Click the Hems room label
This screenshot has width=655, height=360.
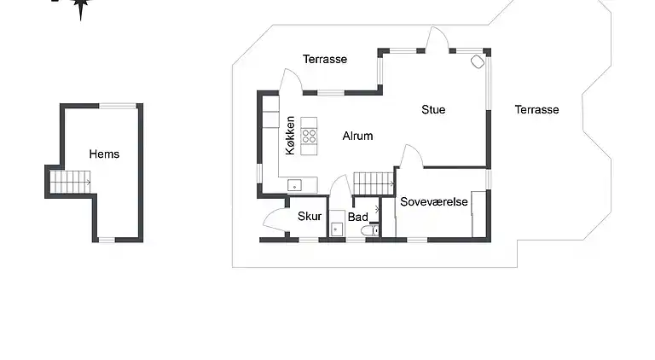pyautogui.click(x=104, y=154)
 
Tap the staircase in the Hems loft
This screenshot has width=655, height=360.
pyautogui.click(x=70, y=182)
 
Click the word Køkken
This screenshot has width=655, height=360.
pyautogui.click(x=290, y=136)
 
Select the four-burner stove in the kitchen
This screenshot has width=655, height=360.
pyautogui.click(x=309, y=136)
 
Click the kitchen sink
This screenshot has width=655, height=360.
pyautogui.click(x=294, y=185)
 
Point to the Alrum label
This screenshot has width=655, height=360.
pyautogui.click(x=357, y=136)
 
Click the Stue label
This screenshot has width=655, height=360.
pyautogui.click(x=433, y=109)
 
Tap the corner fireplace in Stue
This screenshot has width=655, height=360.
pyautogui.click(x=478, y=61)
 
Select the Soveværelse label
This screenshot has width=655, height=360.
pyautogui.click(x=434, y=201)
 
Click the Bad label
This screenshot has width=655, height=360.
pyautogui.click(x=358, y=217)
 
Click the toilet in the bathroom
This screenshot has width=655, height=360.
pyautogui.click(x=369, y=230)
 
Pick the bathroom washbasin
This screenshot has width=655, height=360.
pyautogui.click(x=337, y=229)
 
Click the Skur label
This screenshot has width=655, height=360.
pyautogui.click(x=310, y=217)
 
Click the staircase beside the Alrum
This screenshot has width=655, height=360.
pyautogui.click(x=374, y=183)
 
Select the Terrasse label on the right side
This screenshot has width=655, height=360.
pyautogui.click(x=536, y=109)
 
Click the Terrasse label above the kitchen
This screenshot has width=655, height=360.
pyautogui.click(x=325, y=60)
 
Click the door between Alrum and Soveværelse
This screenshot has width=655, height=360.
pyautogui.click(x=411, y=155)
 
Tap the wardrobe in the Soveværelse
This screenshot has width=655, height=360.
pyautogui.click(x=478, y=214)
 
